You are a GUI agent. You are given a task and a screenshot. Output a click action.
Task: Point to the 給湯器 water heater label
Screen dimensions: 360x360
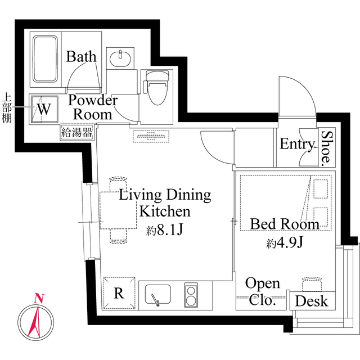click(76, 133)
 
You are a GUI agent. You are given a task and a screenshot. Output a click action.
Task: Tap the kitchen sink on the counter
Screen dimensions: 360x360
click(158, 294)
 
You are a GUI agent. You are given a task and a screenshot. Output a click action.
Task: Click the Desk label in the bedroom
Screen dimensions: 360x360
click(311, 301)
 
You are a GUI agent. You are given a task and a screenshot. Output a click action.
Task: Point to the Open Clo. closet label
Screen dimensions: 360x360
click(263, 291)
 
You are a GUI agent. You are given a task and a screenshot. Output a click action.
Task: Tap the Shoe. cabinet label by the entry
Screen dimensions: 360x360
click(326, 148)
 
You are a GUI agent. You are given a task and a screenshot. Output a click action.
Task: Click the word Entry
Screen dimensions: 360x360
click(296, 145)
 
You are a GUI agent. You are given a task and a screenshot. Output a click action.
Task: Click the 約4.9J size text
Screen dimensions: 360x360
click(285, 244)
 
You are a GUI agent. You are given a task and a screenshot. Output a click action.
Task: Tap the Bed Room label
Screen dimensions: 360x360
click(285, 224)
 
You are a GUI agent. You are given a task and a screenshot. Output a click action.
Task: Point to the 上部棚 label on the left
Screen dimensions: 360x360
click(7, 107)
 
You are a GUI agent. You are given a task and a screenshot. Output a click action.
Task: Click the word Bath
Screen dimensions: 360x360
click(82, 57)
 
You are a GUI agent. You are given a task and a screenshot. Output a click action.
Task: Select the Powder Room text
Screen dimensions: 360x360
click(93, 107)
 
